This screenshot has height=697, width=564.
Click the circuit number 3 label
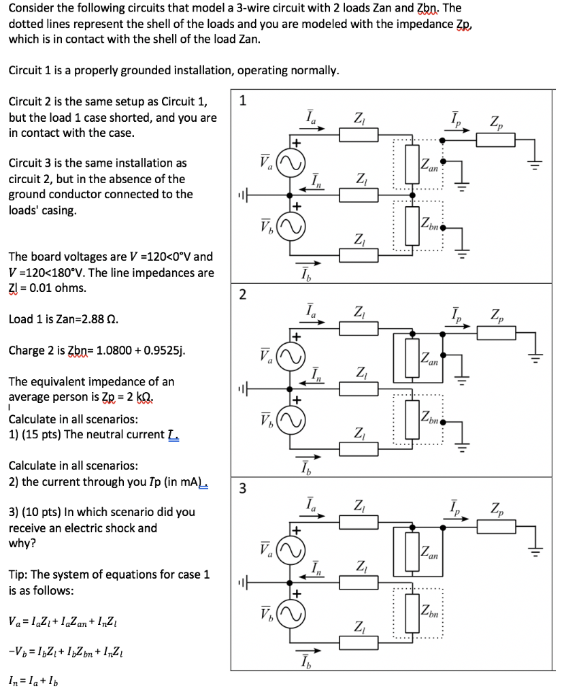point(244,488)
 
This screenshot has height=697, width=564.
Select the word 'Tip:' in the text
point(21,574)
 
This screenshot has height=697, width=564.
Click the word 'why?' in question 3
point(22,543)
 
